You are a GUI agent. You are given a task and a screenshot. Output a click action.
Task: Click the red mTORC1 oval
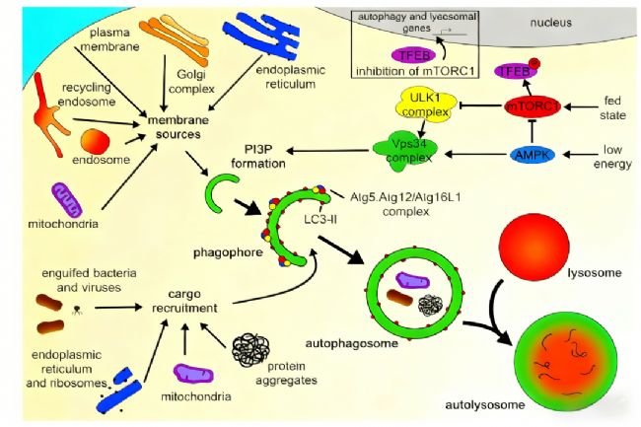point(534,106)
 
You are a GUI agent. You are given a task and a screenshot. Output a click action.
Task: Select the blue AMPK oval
point(534,154)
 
